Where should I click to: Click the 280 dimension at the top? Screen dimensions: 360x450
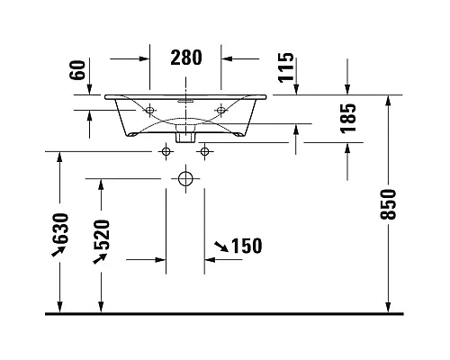pos(186,58)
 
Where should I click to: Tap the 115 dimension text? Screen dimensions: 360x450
pos(286,67)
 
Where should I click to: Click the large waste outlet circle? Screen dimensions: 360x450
pos(185,178)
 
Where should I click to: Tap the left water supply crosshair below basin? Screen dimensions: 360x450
pos(165,150)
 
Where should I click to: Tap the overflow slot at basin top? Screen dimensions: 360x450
pos(185,102)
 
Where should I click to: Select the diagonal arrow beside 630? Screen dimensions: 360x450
pos(60,252)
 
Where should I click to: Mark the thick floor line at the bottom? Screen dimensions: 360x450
pos(225,313)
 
